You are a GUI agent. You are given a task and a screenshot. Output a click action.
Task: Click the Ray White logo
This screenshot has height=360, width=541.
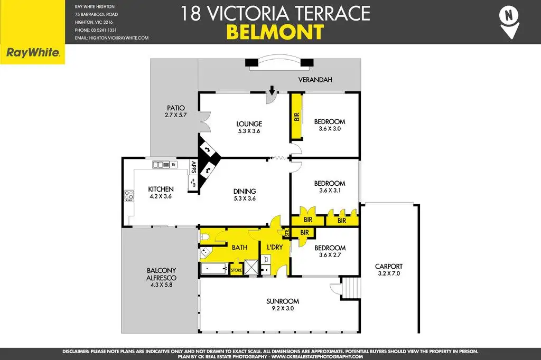coord(33,53)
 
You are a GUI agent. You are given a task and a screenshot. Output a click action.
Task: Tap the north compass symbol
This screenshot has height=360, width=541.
coord(509,22)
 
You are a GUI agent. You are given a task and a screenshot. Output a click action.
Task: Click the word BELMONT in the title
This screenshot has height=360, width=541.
coord(275,32)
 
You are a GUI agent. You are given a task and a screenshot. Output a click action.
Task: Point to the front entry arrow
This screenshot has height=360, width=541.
coord(272,90)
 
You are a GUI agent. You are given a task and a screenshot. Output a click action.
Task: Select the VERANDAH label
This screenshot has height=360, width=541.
coord(315,80)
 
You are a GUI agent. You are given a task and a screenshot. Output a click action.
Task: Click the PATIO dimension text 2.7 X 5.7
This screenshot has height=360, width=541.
coord(175,115)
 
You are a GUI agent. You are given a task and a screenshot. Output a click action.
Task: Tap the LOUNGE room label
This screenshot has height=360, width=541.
coord(249,124)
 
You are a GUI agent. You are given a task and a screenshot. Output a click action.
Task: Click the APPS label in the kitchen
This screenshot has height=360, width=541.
coord(193,167)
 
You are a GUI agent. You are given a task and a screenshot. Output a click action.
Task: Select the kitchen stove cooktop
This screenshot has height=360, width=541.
coord(129,195)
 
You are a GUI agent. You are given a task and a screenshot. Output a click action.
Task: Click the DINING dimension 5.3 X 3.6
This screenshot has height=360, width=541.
coord(245,198)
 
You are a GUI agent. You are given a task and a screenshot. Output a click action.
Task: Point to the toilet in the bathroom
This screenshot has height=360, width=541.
coord(204,237)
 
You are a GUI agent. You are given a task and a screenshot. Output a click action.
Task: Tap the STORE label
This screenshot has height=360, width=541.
coord(236,270)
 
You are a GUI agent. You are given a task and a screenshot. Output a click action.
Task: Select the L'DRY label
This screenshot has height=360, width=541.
coord(275,247)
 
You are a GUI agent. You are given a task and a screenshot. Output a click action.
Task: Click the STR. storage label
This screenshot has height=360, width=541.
coord(287,233)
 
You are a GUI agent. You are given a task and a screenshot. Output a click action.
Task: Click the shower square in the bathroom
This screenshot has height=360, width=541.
coord(251,267)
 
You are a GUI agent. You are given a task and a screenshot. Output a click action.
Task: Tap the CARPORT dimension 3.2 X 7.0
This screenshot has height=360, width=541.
coord(389,273)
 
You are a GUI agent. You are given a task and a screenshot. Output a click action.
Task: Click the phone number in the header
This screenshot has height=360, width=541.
coord(96,30)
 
